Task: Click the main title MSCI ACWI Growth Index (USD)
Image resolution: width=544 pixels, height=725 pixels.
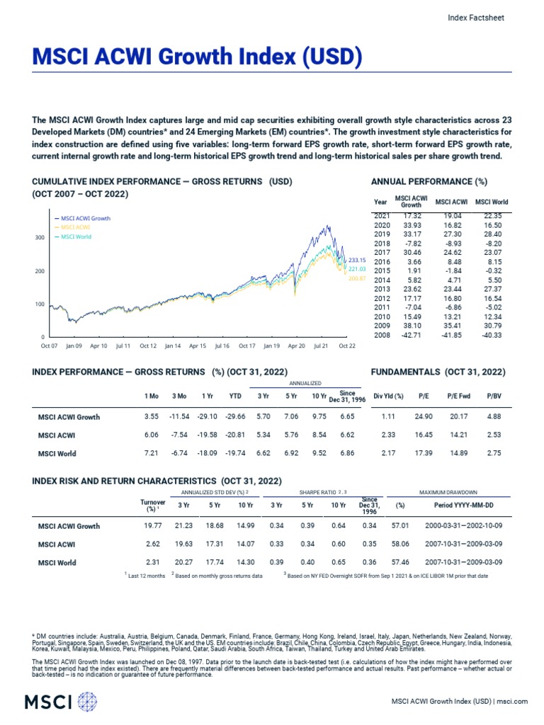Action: (x=188, y=56)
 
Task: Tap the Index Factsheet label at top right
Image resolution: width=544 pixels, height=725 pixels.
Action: (x=477, y=18)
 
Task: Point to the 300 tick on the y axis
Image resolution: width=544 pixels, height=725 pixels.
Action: (x=40, y=238)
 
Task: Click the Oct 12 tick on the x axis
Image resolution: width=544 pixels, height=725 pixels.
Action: (x=148, y=346)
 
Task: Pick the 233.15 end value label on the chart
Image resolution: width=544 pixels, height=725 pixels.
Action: (x=356, y=261)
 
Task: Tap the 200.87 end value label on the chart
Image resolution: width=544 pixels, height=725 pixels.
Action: (x=356, y=278)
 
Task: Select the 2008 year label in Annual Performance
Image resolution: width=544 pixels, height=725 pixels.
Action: (x=381, y=335)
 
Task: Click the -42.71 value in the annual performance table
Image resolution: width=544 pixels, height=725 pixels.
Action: (x=412, y=335)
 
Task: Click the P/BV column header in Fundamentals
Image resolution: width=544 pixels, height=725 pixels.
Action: (x=494, y=396)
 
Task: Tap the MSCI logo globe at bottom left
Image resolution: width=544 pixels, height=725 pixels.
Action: (x=87, y=702)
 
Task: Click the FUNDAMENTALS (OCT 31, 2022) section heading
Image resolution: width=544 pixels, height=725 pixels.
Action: (x=438, y=372)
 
